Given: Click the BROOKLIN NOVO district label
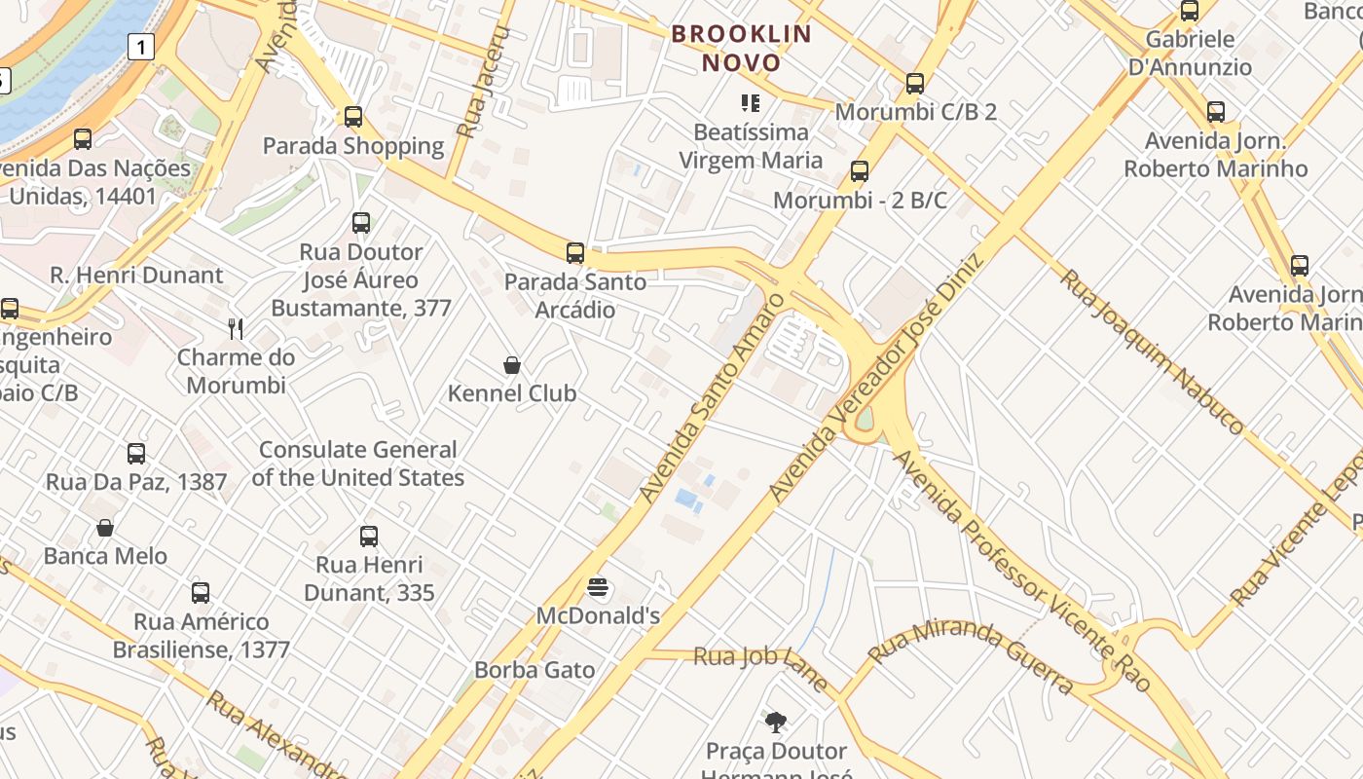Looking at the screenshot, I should tap(741, 49).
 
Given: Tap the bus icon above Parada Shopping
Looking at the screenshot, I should tap(353, 117).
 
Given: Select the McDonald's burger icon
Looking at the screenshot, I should tap(598, 587).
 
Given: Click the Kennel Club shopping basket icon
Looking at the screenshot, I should tap(512, 365).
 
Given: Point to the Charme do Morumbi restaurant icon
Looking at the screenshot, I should tap(235, 328).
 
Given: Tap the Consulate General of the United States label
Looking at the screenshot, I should tap(357, 464).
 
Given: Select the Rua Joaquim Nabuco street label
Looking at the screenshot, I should tap(1151, 352).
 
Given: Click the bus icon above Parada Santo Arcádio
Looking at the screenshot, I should tap(575, 253).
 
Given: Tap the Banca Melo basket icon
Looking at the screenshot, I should tap(105, 528).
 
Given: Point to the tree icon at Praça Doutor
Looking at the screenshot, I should tap(776, 723).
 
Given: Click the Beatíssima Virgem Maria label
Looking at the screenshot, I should tap(751, 146).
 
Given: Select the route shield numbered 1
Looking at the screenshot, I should tap(142, 46).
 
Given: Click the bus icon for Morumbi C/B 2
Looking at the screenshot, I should tap(914, 84).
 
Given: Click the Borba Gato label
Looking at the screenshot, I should tap(534, 670).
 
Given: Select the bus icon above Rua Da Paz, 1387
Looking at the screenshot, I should tap(136, 453).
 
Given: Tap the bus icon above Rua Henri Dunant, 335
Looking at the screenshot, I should tap(369, 536).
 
